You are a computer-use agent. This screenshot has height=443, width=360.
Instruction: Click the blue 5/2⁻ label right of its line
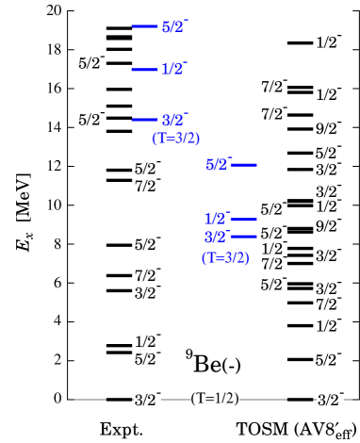[174, 26]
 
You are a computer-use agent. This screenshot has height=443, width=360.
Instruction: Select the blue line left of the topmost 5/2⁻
[144, 26]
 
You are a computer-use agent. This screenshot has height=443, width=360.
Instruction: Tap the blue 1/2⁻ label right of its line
[173, 69]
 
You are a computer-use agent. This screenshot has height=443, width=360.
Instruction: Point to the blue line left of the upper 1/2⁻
[144, 69]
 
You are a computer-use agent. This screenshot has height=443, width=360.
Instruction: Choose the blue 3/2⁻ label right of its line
[174, 120]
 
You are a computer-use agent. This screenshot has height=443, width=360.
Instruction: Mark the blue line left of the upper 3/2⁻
[144, 120]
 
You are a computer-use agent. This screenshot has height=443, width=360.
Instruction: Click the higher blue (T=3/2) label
[176, 139]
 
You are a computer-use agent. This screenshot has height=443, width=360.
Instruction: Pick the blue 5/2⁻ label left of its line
[218, 165]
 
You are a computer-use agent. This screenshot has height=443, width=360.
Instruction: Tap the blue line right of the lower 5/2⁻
[244, 165]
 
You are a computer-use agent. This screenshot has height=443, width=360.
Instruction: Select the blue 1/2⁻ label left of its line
[217, 219]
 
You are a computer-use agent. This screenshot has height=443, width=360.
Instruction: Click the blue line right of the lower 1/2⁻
[244, 219]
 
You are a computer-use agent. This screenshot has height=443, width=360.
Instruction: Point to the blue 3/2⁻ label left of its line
[217, 237]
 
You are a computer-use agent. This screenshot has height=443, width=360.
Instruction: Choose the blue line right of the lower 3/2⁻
[244, 237]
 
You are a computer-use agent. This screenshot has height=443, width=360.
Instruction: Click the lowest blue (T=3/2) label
[225, 258]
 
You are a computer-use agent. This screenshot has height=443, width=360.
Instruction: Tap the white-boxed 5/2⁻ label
[147, 359]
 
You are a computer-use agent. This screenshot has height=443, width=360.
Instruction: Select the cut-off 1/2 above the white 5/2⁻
[145, 343]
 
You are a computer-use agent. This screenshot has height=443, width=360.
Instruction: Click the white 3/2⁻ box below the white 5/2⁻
[147, 400]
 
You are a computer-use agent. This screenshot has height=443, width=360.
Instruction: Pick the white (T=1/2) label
[215, 399]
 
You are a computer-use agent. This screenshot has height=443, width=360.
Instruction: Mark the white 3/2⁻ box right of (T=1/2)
[329, 400]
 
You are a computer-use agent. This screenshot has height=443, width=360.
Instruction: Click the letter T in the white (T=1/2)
[202, 399]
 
